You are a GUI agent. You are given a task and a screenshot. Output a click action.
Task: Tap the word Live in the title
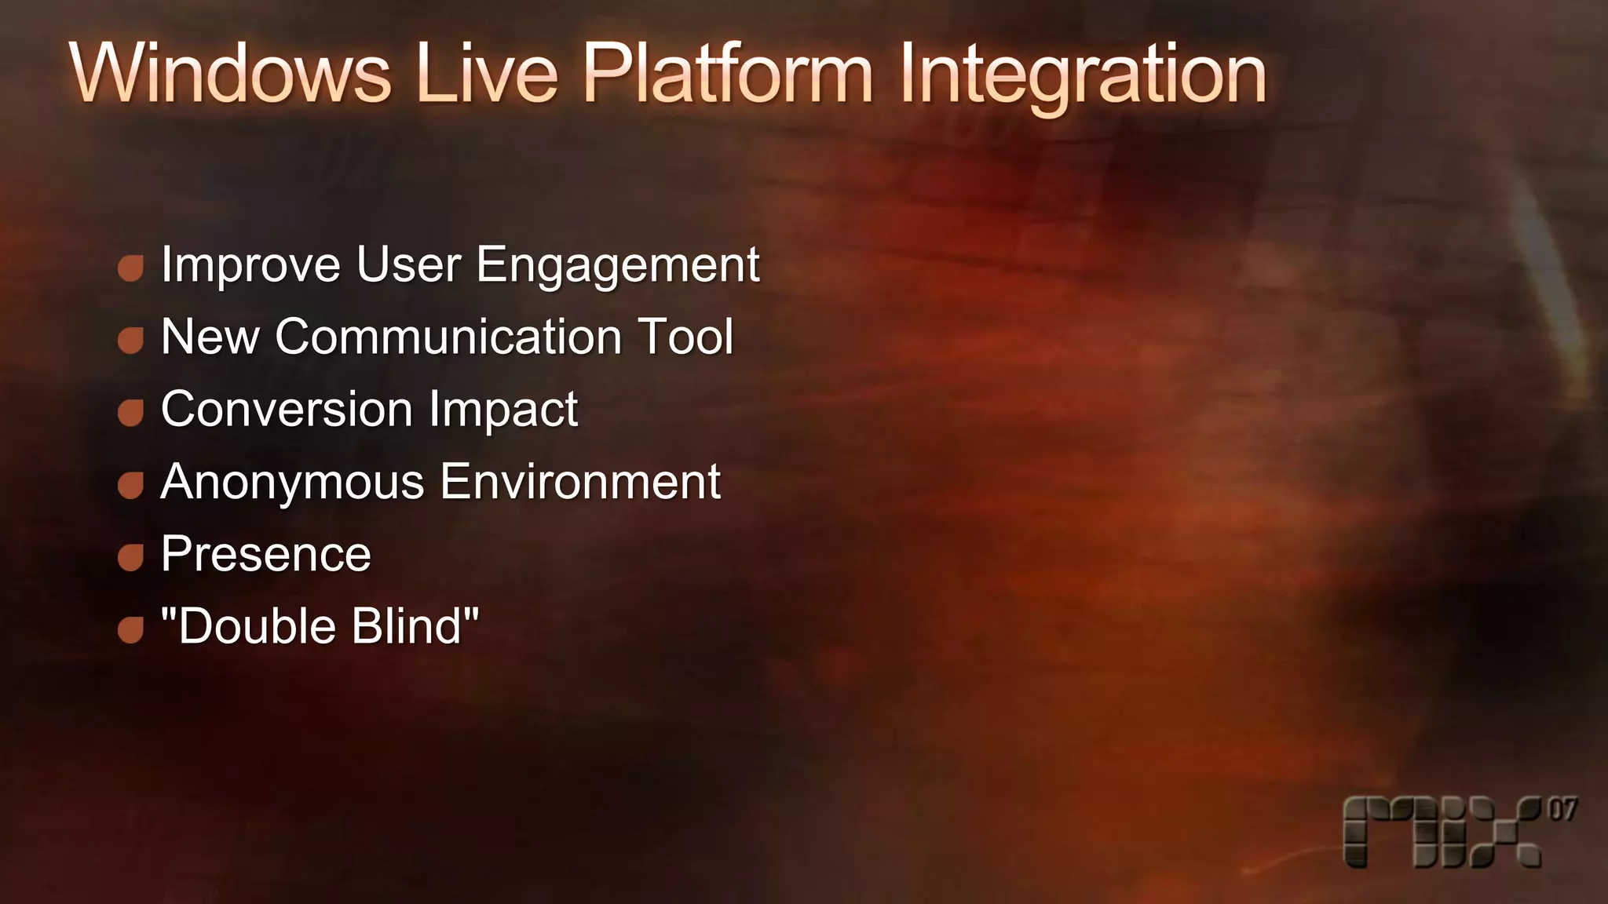487,73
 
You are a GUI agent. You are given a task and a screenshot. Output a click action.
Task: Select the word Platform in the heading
727,73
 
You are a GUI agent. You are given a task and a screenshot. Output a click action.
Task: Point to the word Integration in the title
1083,75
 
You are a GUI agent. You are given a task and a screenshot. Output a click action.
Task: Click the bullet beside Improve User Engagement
130,268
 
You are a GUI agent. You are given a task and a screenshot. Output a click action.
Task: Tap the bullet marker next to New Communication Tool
130,341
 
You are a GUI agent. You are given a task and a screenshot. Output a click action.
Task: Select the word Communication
448,337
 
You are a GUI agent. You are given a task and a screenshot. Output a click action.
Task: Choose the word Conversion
287,409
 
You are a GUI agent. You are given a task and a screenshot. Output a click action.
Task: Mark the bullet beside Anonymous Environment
130,485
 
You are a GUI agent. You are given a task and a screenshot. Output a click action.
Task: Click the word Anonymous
292,481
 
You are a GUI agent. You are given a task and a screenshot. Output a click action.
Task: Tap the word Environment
580,481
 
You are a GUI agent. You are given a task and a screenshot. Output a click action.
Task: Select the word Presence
266,554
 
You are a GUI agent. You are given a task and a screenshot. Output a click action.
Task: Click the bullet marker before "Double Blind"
130,629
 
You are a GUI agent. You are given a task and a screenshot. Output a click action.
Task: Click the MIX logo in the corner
1442,832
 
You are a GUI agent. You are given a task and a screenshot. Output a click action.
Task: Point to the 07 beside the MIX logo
1562,810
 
